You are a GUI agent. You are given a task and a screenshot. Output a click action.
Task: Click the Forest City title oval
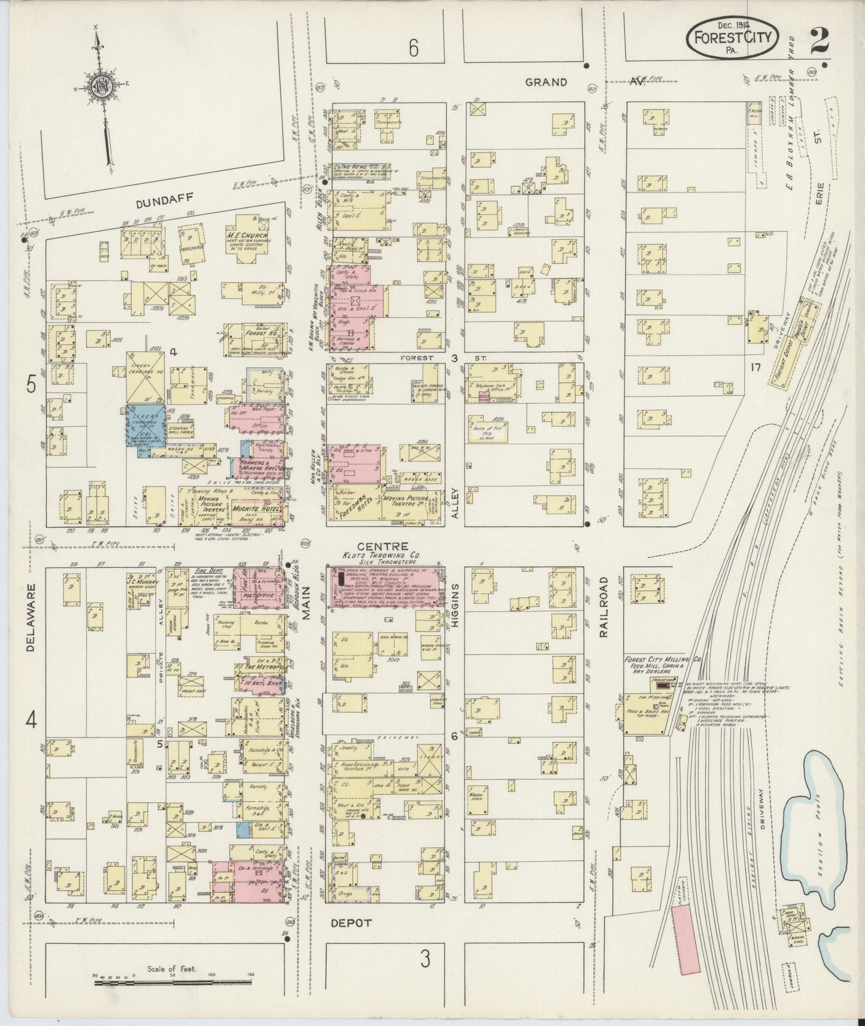[x=732, y=38]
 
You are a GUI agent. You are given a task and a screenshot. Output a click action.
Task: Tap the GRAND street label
[x=545, y=82]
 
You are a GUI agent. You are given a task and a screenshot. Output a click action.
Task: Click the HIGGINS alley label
[x=454, y=600]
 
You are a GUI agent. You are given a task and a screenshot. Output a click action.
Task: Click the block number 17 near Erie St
[x=755, y=367]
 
